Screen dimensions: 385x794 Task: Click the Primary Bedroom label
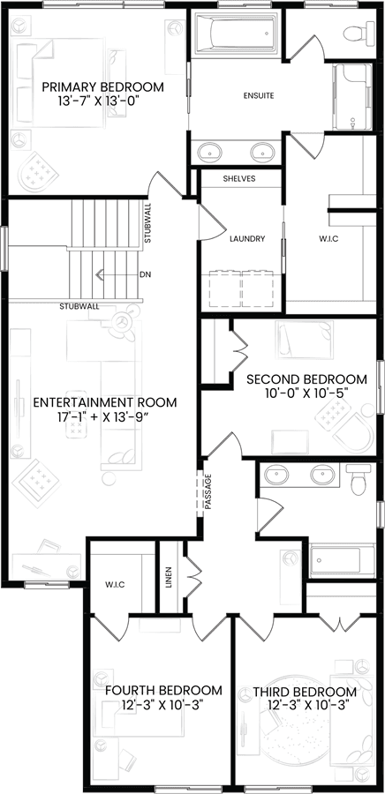(x=102, y=86)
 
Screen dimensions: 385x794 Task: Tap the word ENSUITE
(x=259, y=95)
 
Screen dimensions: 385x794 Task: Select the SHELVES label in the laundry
(x=239, y=179)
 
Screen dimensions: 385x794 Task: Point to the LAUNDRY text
(x=246, y=239)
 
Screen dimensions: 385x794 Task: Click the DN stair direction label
(x=146, y=274)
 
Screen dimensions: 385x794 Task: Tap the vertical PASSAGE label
(x=208, y=491)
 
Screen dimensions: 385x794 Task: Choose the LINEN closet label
(x=170, y=577)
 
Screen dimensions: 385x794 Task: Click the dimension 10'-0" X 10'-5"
(x=306, y=392)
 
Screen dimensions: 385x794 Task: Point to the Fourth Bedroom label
(x=163, y=691)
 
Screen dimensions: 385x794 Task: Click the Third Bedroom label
(x=305, y=692)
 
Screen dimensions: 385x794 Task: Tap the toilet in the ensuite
(x=359, y=34)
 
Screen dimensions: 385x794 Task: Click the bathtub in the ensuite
(x=236, y=34)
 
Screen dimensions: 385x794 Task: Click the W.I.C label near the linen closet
(x=115, y=584)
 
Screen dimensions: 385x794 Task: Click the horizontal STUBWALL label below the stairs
(x=79, y=306)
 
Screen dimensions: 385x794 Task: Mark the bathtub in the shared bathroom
(x=343, y=560)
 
